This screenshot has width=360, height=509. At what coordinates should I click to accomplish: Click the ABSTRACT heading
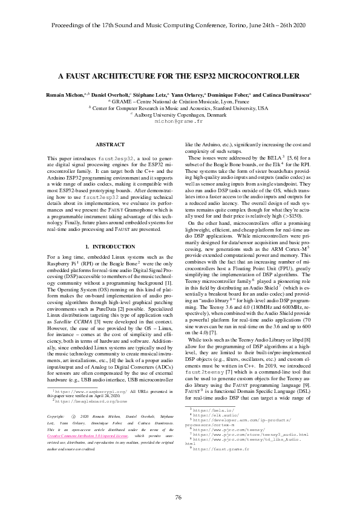point(111,144)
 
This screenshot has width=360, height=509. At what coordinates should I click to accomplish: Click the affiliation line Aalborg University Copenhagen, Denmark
point(180,114)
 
